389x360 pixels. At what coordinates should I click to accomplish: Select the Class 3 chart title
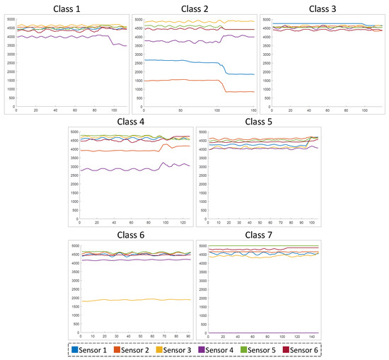[322, 8]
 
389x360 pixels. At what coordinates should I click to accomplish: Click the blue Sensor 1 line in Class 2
[177, 62]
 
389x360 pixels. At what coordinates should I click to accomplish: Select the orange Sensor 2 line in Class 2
[177, 80]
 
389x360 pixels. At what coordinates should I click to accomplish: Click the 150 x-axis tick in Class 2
[253, 111]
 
